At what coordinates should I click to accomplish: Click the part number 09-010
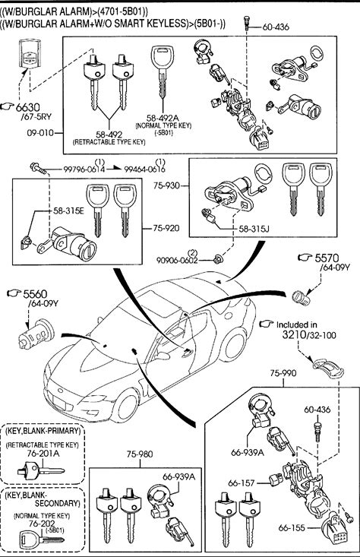click(39, 133)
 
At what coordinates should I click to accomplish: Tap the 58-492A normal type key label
click(163, 117)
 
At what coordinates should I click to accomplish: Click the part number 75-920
click(166, 228)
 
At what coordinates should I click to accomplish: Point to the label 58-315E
click(68, 210)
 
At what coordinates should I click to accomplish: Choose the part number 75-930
click(167, 185)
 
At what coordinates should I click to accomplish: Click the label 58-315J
click(254, 229)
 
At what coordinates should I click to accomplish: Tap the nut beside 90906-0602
click(216, 261)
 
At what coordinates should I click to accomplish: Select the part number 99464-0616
click(144, 169)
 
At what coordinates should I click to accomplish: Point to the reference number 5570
click(327, 258)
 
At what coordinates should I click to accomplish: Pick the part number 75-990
click(283, 372)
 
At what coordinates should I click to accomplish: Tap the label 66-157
click(242, 483)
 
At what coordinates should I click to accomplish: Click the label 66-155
click(292, 528)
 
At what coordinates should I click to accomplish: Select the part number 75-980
click(140, 454)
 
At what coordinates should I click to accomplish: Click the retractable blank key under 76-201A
click(40, 471)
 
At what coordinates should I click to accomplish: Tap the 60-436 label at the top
click(276, 27)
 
